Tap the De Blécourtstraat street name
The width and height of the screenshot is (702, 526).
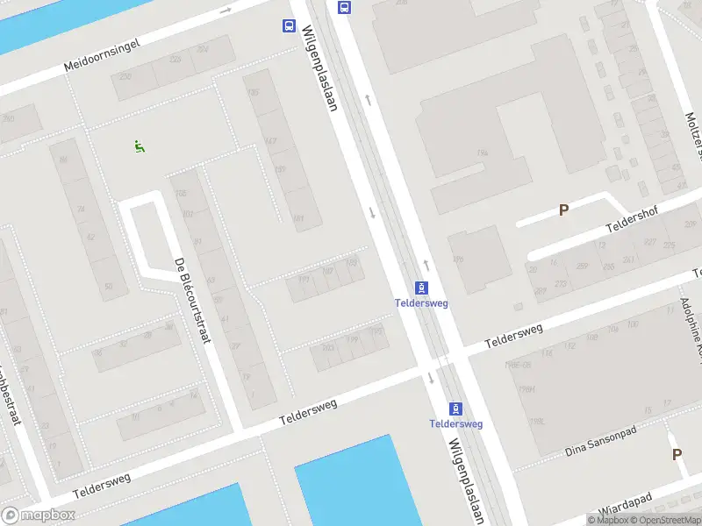192,301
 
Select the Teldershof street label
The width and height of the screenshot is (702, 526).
631,219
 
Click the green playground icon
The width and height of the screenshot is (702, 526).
139,146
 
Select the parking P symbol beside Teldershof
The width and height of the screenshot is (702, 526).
563,210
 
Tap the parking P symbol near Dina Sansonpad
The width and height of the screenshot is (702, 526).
677,454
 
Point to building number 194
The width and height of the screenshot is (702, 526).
482,153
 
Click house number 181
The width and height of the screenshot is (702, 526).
298,217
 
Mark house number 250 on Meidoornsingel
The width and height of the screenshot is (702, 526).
9,118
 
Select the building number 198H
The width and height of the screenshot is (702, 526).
527,389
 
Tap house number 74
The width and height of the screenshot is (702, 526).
81,209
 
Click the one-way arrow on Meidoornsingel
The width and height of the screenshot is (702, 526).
226,11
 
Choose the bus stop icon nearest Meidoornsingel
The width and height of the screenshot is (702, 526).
289,26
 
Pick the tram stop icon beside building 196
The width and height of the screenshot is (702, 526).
422,288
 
